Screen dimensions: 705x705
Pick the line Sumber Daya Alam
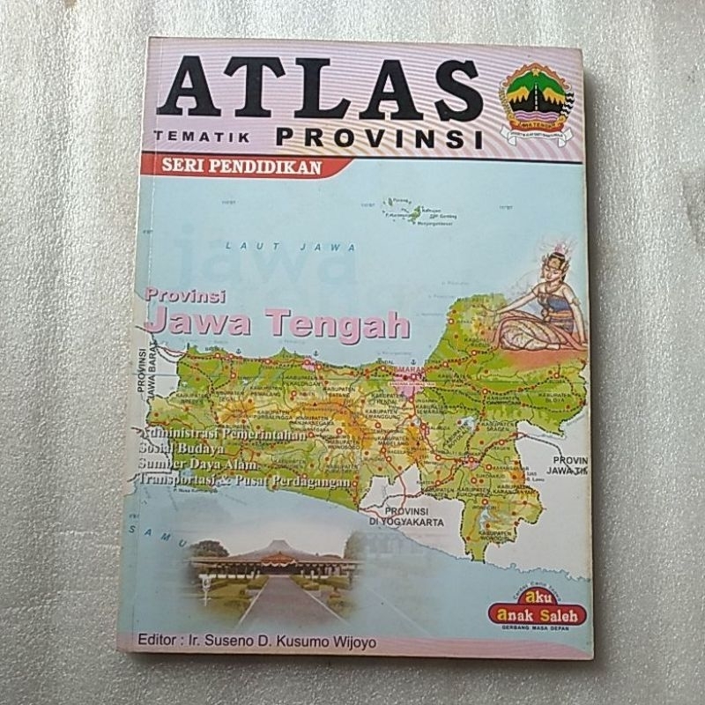coord(195,464)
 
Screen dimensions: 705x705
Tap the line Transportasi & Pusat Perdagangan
coord(243,480)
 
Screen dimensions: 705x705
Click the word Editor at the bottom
coord(160,642)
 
